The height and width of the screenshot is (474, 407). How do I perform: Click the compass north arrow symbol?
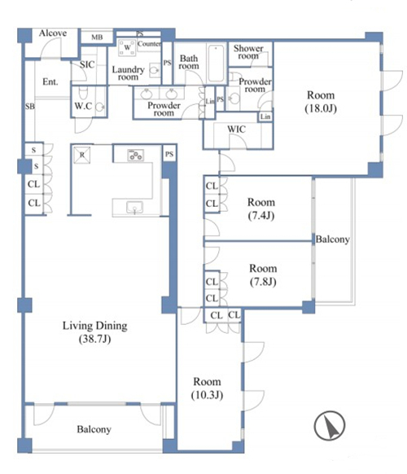pyautogui.click(x=330, y=426)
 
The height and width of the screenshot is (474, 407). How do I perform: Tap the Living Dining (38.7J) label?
pyautogui.click(x=95, y=332)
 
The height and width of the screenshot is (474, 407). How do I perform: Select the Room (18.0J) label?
pyautogui.click(x=321, y=102)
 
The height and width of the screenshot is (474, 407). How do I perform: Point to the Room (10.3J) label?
pyautogui.click(x=207, y=388)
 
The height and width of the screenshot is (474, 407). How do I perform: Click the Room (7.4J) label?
pyautogui.click(x=261, y=208)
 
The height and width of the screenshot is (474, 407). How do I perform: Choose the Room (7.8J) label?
pyautogui.click(x=263, y=274)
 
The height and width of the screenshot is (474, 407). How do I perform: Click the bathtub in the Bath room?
pyautogui.click(x=216, y=64)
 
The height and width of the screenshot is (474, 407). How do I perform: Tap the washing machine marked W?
pyautogui.click(x=127, y=47)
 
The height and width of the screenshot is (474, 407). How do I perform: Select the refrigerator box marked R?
pyautogui.click(x=82, y=155)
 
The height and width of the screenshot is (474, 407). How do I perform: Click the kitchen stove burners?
pyautogui.click(x=136, y=156)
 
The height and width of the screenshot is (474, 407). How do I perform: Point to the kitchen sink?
pyautogui.click(x=135, y=208)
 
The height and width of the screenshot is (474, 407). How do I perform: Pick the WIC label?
pyautogui.click(x=236, y=129)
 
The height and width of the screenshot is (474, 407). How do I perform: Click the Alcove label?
pyautogui.click(x=53, y=33)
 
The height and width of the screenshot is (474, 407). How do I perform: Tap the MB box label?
pyautogui.click(x=97, y=37)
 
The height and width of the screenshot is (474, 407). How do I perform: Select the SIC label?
pyautogui.click(x=87, y=64)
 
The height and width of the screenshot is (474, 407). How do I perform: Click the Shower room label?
pyautogui.click(x=248, y=52)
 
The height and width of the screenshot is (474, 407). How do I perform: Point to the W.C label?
pyautogui.click(x=83, y=106)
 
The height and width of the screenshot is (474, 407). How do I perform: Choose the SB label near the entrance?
pyautogui.click(x=29, y=107)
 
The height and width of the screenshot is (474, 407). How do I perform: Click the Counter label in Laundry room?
pyautogui.click(x=149, y=44)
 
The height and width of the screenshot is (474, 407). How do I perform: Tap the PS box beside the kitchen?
pyautogui.click(x=169, y=154)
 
